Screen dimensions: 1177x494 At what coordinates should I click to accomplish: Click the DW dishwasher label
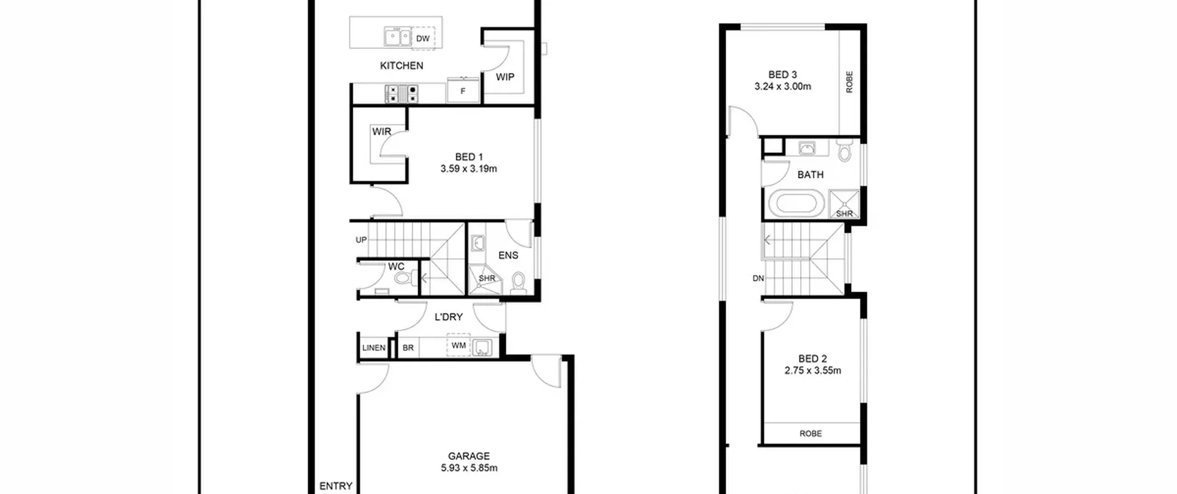[423, 39]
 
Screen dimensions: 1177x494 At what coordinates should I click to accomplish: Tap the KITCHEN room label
[401, 66]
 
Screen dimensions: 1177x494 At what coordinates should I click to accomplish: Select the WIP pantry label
[505, 77]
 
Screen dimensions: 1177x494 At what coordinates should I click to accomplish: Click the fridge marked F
[463, 91]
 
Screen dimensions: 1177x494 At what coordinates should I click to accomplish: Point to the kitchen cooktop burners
[401, 93]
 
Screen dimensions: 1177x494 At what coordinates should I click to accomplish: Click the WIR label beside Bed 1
[382, 131]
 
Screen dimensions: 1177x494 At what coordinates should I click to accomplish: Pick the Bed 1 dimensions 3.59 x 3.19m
[469, 169]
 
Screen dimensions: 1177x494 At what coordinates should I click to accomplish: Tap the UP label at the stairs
[361, 240]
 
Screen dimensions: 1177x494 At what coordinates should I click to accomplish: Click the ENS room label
[508, 256]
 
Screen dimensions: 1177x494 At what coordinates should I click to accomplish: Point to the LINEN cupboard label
[374, 348]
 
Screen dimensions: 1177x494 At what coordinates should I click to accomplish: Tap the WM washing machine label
[458, 346]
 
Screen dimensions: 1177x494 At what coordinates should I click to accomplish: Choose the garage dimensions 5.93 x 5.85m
[469, 468]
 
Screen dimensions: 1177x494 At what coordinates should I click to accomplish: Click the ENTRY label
[336, 486]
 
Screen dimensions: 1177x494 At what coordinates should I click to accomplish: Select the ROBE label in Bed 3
[849, 82]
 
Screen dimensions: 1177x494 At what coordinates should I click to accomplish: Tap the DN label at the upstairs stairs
[758, 278]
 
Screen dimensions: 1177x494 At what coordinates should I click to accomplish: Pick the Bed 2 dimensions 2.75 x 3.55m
[812, 371]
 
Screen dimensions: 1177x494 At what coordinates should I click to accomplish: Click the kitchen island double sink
[398, 37]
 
